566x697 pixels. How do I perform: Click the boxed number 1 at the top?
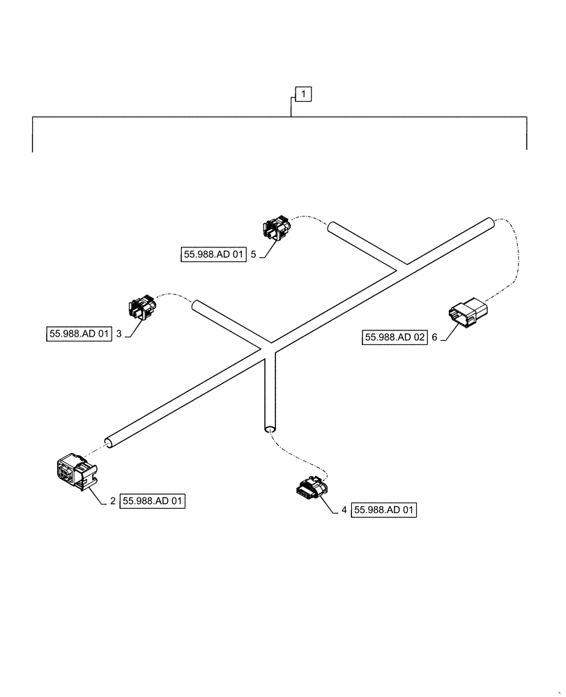303,94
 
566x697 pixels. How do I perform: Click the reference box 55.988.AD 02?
394,337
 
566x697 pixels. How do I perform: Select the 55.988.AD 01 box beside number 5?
211,256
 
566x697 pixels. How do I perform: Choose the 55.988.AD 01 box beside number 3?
79,334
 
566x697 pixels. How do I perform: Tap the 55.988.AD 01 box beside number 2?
153,500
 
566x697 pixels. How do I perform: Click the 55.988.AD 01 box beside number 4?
384,511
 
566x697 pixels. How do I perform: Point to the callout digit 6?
434,337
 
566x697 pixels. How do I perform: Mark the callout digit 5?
254,256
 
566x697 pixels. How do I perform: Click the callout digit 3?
119,334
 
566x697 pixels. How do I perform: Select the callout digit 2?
113,500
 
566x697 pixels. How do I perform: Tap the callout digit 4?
344,511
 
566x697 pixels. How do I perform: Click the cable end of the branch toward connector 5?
332,227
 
